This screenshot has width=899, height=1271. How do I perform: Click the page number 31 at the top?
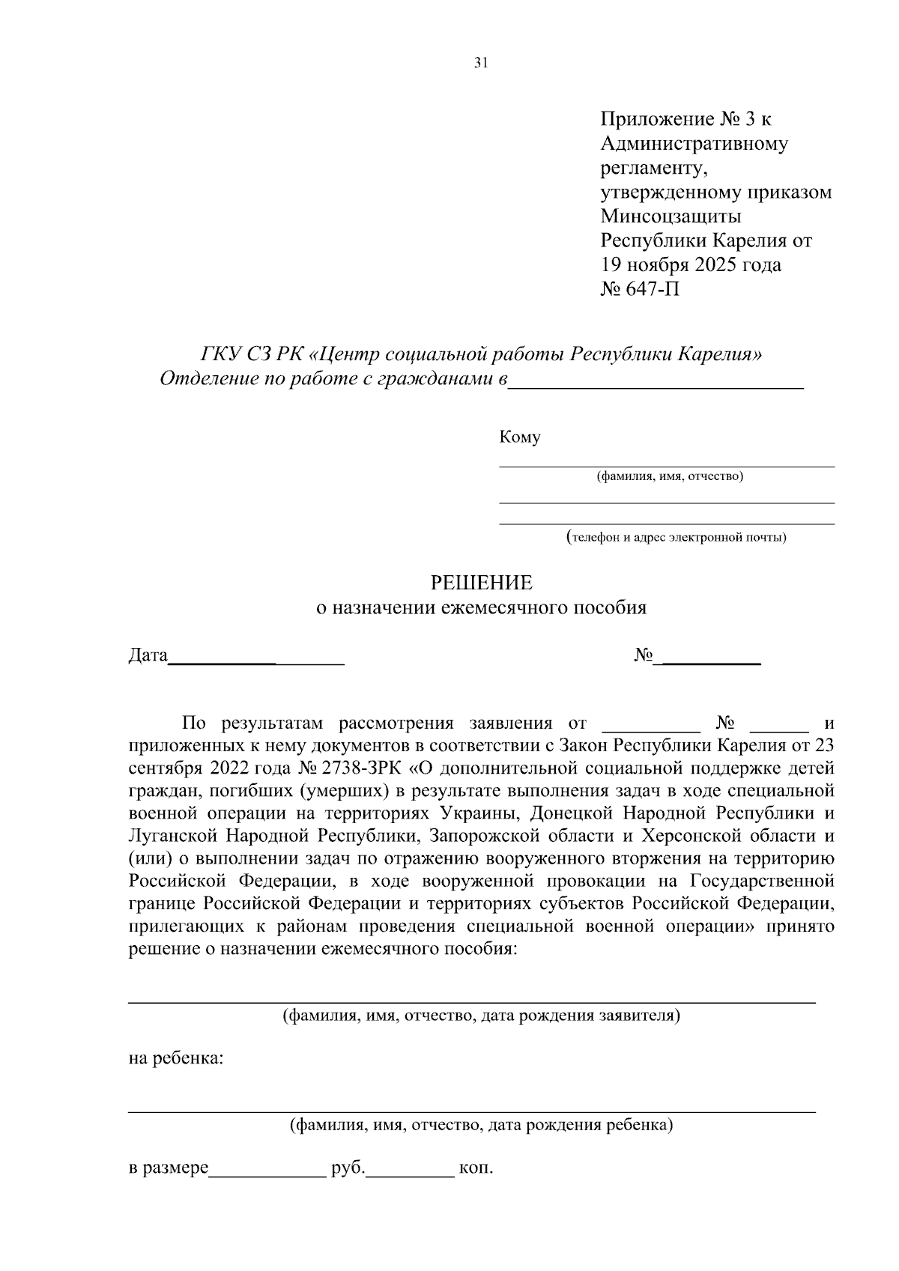point(481,63)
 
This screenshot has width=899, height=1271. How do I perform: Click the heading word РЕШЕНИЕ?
point(480,583)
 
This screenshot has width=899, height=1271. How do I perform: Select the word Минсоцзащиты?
point(671,216)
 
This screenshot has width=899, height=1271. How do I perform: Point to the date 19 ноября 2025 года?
point(691,264)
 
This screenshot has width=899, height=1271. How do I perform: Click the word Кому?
point(519,437)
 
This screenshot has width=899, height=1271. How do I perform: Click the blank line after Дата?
point(256,663)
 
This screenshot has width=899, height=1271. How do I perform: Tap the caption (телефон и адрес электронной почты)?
point(676,537)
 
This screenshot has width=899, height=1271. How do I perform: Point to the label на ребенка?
point(176,1059)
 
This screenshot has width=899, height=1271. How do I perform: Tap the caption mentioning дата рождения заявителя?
point(481,1016)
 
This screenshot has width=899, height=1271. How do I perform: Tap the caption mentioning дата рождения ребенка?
point(481,1124)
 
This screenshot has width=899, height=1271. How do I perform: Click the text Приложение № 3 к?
point(685,119)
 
